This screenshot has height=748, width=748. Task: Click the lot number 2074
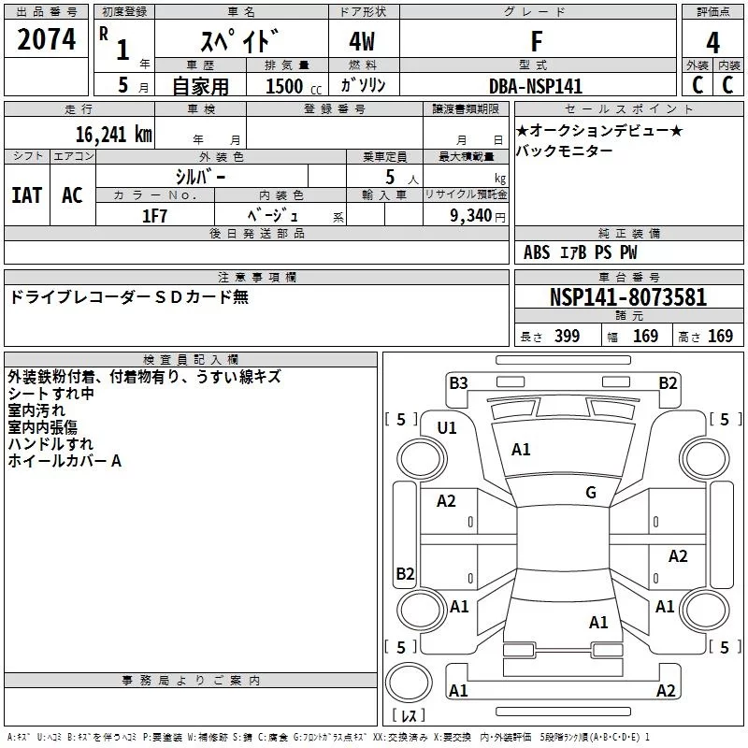click(46, 40)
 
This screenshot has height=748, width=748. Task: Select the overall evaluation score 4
click(712, 42)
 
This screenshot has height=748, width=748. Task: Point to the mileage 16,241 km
click(114, 134)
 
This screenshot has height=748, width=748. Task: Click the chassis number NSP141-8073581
click(628, 297)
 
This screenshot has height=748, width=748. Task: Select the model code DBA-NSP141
click(536, 86)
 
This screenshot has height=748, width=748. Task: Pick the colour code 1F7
click(154, 213)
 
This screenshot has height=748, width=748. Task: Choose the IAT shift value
click(26, 195)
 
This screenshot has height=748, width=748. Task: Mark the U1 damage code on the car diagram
click(447, 428)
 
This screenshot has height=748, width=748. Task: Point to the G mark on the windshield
click(591, 492)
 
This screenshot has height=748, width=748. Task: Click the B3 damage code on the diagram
click(458, 381)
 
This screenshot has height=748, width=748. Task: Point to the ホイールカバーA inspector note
click(65, 460)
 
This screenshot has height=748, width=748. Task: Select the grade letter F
click(536, 42)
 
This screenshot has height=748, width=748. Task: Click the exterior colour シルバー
click(200, 176)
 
